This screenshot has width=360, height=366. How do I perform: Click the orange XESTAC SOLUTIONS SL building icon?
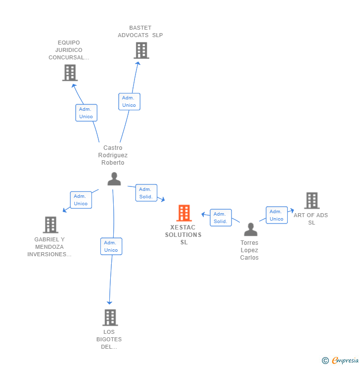pos(184,213)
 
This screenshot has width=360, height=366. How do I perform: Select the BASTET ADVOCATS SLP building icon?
pos(141,50)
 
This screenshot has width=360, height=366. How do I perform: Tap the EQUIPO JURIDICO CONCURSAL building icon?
pos(70,73)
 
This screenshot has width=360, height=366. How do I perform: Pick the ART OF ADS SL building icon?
pos(312,200)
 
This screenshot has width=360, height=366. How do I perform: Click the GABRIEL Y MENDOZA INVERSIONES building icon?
pos(50,225)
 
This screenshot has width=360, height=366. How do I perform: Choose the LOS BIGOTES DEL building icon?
pos(110,318)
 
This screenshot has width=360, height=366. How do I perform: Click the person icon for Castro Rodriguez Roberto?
pos(114,179)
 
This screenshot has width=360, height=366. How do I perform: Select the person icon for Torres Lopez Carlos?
pos(251,229)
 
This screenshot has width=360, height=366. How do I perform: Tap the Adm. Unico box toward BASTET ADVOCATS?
pos(129,101)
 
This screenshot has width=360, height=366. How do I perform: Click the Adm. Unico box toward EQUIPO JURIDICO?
pos(86,113)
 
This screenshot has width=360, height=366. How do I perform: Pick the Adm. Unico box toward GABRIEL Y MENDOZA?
pos(81,200)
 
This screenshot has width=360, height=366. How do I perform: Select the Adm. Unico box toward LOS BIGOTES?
pos(111,246)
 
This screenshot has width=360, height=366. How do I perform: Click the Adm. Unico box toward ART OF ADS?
pos(276,215)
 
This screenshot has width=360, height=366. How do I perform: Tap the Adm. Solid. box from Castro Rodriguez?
pos(146,193)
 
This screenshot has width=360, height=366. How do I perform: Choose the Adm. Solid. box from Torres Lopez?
pos(221,218)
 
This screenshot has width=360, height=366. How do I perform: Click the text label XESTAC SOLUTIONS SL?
pos(183,235)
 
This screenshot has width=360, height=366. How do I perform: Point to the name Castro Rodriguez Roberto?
pos(113,155)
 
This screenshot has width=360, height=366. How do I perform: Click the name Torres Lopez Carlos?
pos(249,250)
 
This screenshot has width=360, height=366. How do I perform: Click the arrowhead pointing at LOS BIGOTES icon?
pos(110,303)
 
